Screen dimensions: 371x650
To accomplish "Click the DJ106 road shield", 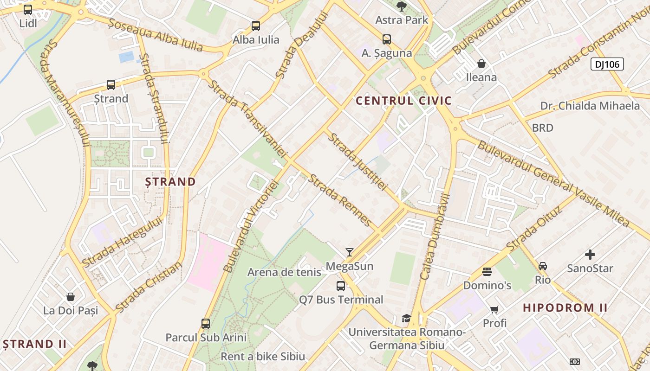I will tap(607, 64).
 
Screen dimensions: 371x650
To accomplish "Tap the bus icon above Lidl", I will tap(28, 9).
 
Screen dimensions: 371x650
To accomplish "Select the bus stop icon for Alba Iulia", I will tap(256, 26).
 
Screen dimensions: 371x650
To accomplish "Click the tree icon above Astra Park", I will tap(401, 6).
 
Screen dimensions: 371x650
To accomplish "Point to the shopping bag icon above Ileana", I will tap(481, 63).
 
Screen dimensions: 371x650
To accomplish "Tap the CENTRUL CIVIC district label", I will tap(403, 101).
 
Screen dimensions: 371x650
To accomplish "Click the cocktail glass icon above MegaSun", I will tap(350, 252).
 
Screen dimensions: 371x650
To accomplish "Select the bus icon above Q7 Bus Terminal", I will tap(341, 286).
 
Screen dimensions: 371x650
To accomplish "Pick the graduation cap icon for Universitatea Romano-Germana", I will tap(406, 318).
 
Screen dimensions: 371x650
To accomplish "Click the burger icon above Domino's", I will tap(487, 271).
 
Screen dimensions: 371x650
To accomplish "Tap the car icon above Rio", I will tap(542, 266).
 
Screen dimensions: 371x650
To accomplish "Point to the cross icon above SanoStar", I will tap(590, 255).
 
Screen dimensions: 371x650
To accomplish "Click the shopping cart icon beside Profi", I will tap(494, 309).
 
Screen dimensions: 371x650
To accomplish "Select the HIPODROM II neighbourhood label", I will tap(565, 307).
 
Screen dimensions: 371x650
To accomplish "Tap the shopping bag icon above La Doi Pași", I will tap(71, 297).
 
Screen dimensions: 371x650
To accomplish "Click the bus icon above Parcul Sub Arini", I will tap(206, 323).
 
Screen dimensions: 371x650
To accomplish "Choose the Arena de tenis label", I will tap(284, 272).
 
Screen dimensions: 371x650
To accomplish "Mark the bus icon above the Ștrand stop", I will tap(111, 85).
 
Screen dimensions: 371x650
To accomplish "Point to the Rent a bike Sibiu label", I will tap(263, 357).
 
